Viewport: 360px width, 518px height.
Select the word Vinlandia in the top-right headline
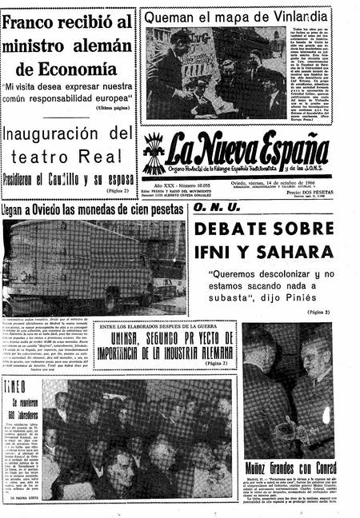click(297, 16)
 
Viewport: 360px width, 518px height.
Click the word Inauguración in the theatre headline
click(58, 133)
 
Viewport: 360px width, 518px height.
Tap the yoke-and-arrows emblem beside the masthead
click(154, 155)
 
